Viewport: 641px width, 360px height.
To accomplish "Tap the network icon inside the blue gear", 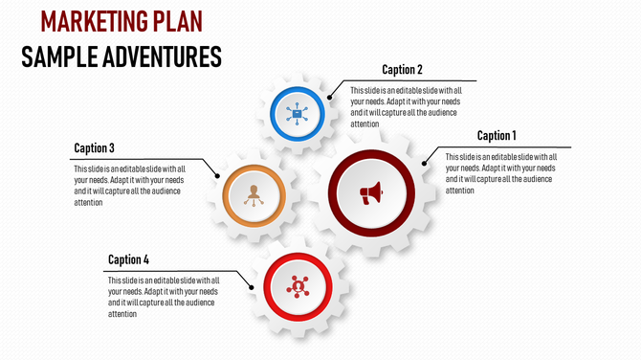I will click(x=297, y=114).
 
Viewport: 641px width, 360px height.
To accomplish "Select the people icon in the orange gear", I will click(x=254, y=193).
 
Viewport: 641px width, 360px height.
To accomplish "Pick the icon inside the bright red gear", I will click(x=298, y=285).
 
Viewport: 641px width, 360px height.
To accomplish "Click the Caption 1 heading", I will click(x=497, y=136).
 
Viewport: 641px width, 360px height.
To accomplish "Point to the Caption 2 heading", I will click(x=402, y=69).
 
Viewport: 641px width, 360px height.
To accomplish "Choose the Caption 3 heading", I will click(x=95, y=148).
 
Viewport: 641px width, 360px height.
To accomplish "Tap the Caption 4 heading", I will click(x=128, y=259).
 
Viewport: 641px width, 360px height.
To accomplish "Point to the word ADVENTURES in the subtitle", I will click(x=165, y=57).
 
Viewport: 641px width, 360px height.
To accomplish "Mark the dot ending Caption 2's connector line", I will click(x=329, y=97).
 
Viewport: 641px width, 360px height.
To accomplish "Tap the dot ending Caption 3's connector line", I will click(x=218, y=176).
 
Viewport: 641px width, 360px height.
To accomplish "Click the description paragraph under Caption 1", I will click(x=500, y=173).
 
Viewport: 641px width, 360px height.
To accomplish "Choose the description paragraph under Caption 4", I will click(x=164, y=297).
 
